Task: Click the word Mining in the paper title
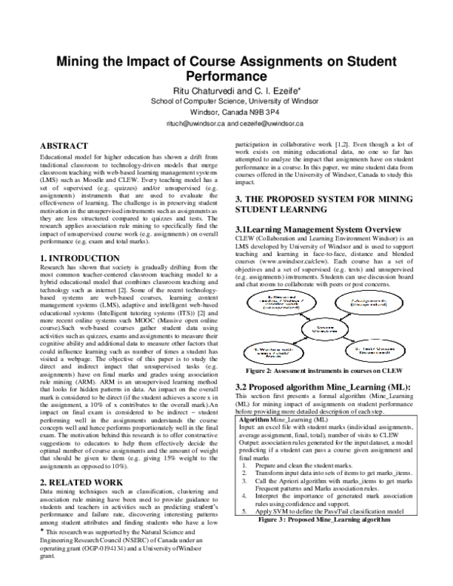click(83, 63)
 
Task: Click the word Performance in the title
click(226, 77)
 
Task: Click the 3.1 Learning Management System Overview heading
click(325, 227)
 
